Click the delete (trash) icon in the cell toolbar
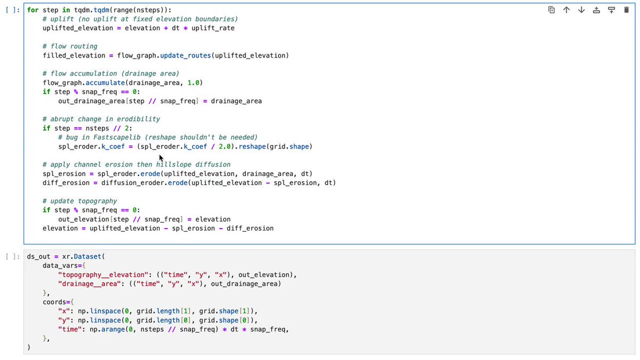[626, 10]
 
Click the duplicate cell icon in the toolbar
[551, 10]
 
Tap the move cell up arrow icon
[566, 10]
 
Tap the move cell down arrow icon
[581, 10]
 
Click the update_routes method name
[186, 55]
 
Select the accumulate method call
[105, 83]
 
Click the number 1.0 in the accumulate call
[193, 83]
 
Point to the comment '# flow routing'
[70, 46]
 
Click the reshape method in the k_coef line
[252, 147]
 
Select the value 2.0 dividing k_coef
[225, 147]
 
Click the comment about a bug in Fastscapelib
[158, 138]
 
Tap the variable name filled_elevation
[74, 55]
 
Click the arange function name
[113, 330]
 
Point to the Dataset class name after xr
[87, 257]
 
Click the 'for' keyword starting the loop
[33, 10]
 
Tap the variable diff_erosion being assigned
[66, 183]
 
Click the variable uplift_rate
[213, 28]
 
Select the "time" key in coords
[70, 330]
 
